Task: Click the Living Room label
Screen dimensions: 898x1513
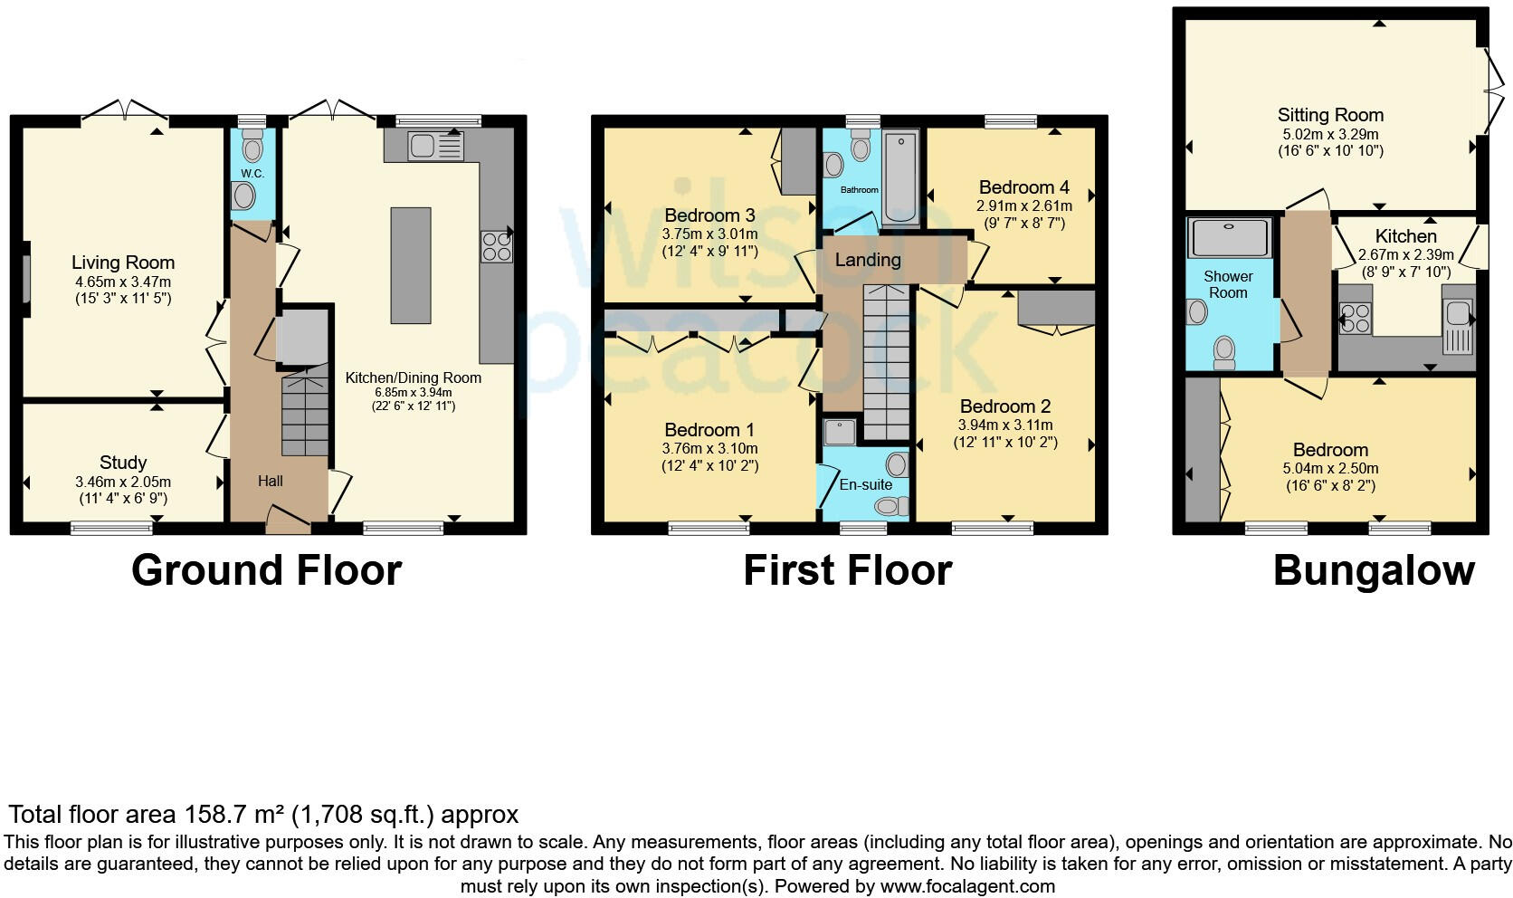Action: pos(123,263)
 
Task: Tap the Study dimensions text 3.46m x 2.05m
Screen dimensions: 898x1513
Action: pos(122,482)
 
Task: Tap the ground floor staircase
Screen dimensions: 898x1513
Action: pos(306,416)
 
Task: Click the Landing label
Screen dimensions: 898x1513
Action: pos(867,261)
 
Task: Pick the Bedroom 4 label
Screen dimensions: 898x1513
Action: pos(1023,187)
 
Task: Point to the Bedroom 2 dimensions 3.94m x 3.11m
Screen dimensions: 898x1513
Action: pos(1005,425)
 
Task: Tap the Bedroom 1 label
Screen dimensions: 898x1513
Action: pos(709,430)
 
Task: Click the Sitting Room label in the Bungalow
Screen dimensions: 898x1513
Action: pos(1329,115)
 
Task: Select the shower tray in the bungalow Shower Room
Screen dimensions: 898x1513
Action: pos(1229,237)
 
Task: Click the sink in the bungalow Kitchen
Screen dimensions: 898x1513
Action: pos(1458,314)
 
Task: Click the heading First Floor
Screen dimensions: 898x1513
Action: pos(847,570)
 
